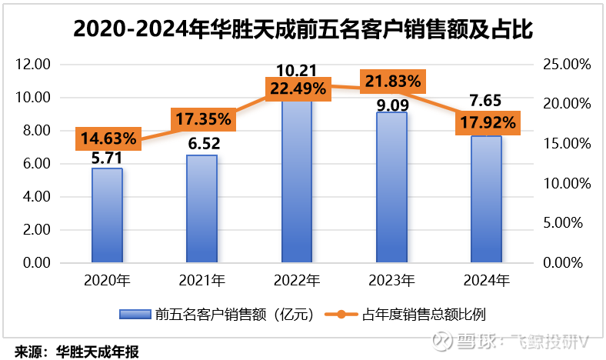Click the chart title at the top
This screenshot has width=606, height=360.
[302, 28]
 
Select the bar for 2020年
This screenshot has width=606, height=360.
[107, 215]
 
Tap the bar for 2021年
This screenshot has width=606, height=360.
[201, 209]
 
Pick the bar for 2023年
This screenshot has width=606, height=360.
[391, 188]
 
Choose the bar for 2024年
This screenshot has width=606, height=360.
[486, 200]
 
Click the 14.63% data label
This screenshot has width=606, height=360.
[107, 139]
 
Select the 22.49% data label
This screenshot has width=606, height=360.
[297, 88]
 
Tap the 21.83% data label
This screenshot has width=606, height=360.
[392, 80]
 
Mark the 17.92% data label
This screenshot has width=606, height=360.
[487, 123]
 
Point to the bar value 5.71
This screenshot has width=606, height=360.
[107, 158]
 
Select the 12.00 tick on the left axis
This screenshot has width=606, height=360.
[34, 65]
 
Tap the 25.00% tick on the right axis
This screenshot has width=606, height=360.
[566, 65]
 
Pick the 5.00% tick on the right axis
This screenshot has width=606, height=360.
[569, 223]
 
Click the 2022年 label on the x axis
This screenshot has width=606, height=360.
[297, 280]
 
